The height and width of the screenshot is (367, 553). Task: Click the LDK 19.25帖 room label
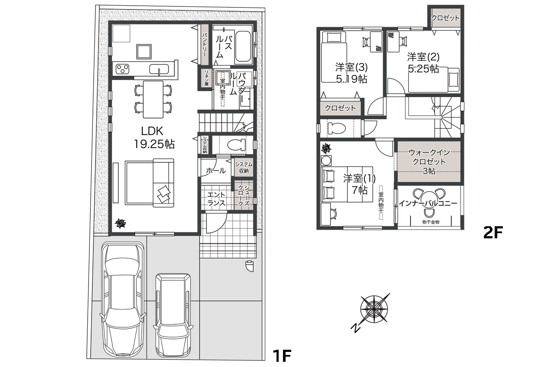[154, 137]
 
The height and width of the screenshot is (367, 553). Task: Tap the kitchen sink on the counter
[159, 69]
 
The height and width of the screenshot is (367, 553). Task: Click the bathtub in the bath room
[243, 47]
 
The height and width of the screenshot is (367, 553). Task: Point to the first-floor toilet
[236, 145]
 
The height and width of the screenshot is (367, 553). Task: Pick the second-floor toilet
[337, 128]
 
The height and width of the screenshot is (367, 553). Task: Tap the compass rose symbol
[374, 309]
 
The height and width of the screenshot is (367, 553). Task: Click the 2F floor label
[493, 233]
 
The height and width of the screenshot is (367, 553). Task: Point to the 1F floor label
[282, 356]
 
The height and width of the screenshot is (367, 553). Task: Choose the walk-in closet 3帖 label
[429, 161]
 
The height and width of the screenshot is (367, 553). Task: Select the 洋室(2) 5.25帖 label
[423, 63]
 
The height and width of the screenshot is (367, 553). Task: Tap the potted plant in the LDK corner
[121, 223]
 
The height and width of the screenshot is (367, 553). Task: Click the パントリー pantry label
[204, 45]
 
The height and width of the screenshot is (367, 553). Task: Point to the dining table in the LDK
[153, 99]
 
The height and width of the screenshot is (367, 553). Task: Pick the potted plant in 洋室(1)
[326, 149]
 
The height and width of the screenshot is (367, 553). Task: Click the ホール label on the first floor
[216, 171]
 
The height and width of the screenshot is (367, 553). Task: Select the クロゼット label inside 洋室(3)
[340, 108]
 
